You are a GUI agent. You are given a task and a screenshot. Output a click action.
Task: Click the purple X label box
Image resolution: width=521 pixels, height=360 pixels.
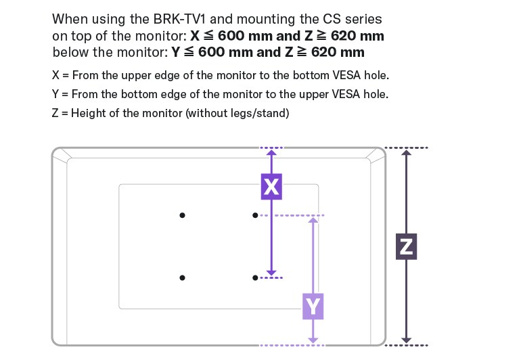pyautogui.click(x=271, y=186)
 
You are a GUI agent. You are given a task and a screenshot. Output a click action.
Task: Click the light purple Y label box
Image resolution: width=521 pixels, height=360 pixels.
pyautogui.click(x=313, y=307)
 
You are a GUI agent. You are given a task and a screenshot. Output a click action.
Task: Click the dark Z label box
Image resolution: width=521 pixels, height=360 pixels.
pyautogui.click(x=406, y=246)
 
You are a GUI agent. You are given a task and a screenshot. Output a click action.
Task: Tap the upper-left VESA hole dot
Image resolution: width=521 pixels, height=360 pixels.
pyautogui.click(x=182, y=215)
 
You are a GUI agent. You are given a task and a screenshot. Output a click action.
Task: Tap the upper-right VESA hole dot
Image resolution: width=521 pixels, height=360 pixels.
pyautogui.click(x=255, y=215)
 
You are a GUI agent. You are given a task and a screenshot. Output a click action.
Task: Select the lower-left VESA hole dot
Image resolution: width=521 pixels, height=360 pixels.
pyautogui.click(x=182, y=277)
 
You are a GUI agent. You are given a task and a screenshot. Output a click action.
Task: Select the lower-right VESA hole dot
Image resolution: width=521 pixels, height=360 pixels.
pyautogui.click(x=255, y=277)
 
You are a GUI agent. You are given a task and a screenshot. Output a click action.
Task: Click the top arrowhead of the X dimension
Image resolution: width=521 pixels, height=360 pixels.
pyautogui.click(x=271, y=153)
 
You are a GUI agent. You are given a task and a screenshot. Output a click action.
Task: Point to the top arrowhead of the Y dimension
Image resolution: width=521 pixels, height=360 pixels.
pyautogui.click(x=313, y=220)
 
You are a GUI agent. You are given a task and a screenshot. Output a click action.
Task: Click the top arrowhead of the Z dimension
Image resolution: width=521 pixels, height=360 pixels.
pyautogui.click(x=406, y=153)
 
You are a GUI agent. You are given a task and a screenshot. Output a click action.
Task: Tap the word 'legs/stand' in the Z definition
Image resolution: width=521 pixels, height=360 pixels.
pyautogui.click(x=263, y=113)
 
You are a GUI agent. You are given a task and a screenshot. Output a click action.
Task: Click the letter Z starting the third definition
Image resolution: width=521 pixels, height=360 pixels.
pyautogui.click(x=55, y=113)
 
